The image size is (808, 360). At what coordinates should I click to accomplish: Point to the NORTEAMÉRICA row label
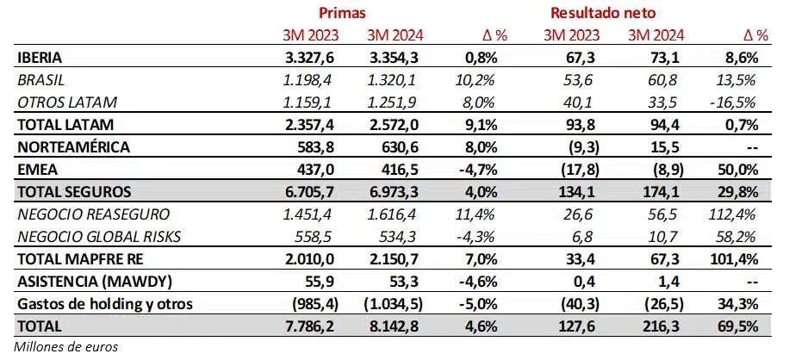click(x=71, y=146)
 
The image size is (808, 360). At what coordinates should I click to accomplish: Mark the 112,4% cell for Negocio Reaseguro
click(x=745, y=214)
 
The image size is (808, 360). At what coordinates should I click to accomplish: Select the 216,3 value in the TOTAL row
click(x=664, y=326)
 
